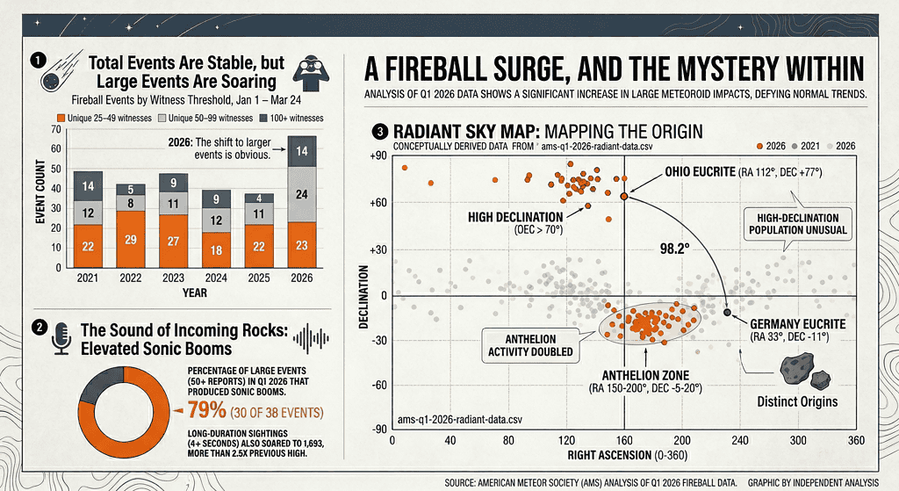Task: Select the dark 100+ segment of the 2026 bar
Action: coord(300,152)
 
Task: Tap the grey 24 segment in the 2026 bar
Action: coord(300,194)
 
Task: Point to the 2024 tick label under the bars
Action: coord(216,277)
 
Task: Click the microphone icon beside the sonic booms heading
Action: coord(61,338)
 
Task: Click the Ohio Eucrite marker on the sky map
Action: coord(623,197)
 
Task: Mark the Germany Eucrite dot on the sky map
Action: coord(727,312)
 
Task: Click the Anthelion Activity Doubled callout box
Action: coord(529,347)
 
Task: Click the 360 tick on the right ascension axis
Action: coord(856,439)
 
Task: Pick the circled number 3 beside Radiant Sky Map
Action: coord(378,132)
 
